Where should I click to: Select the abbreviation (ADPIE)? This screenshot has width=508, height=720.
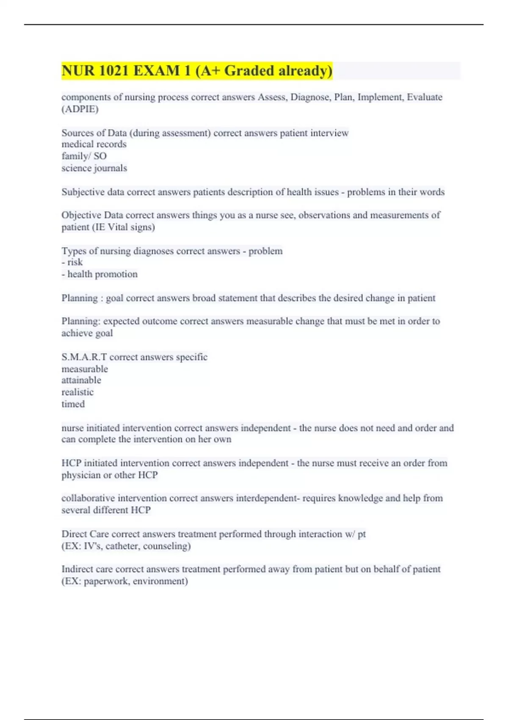coord(80,109)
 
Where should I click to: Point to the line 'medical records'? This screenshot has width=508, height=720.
coord(94,144)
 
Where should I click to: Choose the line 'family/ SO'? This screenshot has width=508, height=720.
coord(84,156)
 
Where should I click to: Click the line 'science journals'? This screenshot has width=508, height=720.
coord(94,168)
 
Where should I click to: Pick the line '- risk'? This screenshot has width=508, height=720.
coord(72,262)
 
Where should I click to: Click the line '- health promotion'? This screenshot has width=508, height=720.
coord(99,274)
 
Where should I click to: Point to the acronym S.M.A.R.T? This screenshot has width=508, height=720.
coord(84,357)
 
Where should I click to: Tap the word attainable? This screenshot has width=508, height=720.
coord(81,380)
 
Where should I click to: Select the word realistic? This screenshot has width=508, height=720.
coord(77,392)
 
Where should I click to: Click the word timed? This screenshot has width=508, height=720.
coord(73,404)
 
